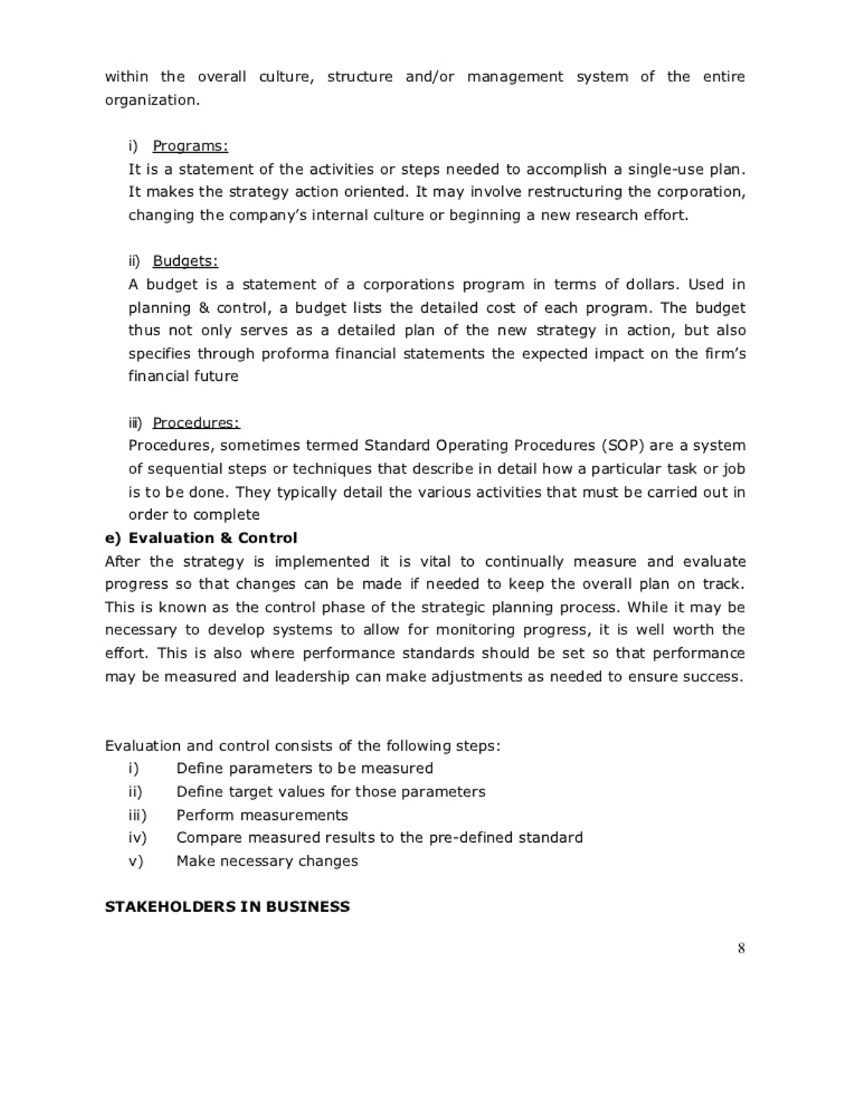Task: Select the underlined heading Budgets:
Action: [x=185, y=261]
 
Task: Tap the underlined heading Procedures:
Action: [x=196, y=422]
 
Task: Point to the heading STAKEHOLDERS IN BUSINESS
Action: [x=227, y=907]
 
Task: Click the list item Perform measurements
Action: [x=262, y=816]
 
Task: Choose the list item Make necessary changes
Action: [x=267, y=861]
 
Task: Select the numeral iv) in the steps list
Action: [x=137, y=838]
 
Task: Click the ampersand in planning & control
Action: [x=204, y=308]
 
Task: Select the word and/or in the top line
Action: [x=430, y=77]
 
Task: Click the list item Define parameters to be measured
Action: [x=304, y=769]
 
